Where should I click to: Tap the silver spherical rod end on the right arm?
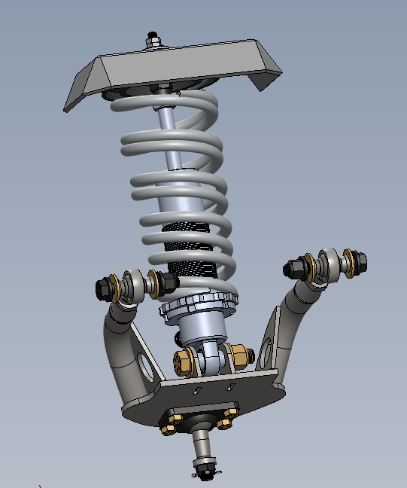pos(325,265)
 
